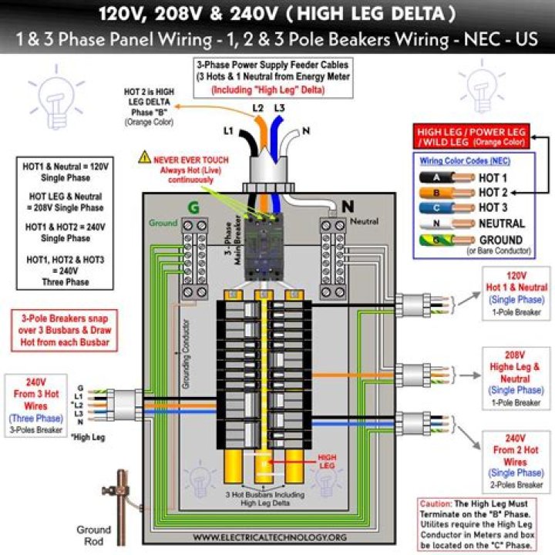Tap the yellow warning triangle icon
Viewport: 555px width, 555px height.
coord(145,158)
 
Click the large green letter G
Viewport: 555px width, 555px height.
coord(192,207)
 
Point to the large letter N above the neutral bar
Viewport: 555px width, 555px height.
coord(347,206)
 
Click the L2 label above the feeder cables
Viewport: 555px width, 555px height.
coord(258,108)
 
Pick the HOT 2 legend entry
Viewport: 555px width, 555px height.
coord(493,192)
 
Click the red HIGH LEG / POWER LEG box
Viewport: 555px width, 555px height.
coord(470,137)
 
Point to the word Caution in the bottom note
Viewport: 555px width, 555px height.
coord(436,503)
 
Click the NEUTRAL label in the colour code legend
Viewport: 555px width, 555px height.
coord(502,224)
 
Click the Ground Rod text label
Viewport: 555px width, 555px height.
coord(93,536)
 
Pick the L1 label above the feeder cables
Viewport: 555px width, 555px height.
coord(228,132)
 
